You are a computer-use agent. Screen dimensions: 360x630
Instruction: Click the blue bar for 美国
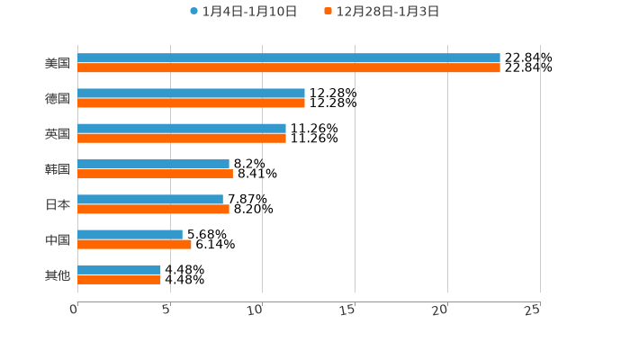point(288,58)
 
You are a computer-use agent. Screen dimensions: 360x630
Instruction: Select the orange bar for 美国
point(288,67)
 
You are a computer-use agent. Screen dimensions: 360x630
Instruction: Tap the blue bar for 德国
point(191,93)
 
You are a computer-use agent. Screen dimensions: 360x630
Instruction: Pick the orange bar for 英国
point(182,139)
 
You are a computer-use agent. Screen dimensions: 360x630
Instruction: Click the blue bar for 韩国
point(153,164)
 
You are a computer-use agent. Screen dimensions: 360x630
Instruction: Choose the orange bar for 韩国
point(155,174)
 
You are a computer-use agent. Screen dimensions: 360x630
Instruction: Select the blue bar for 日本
point(150,199)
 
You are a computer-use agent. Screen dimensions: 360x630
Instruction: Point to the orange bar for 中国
point(134,245)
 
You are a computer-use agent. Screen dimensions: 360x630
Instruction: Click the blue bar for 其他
point(119,269)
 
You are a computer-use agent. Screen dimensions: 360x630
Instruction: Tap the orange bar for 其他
point(119,280)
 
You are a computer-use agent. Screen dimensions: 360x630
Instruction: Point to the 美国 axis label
point(58,63)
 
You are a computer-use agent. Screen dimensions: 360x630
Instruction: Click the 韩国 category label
point(58,169)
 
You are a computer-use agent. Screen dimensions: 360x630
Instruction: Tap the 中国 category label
point(58,239)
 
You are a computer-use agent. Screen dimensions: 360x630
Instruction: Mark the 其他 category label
point(58,274)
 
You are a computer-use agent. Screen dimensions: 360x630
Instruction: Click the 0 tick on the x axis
point(75,310)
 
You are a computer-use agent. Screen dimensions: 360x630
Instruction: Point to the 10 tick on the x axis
point(257,310)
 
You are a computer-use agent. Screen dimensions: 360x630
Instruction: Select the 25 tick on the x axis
point(533,310)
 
